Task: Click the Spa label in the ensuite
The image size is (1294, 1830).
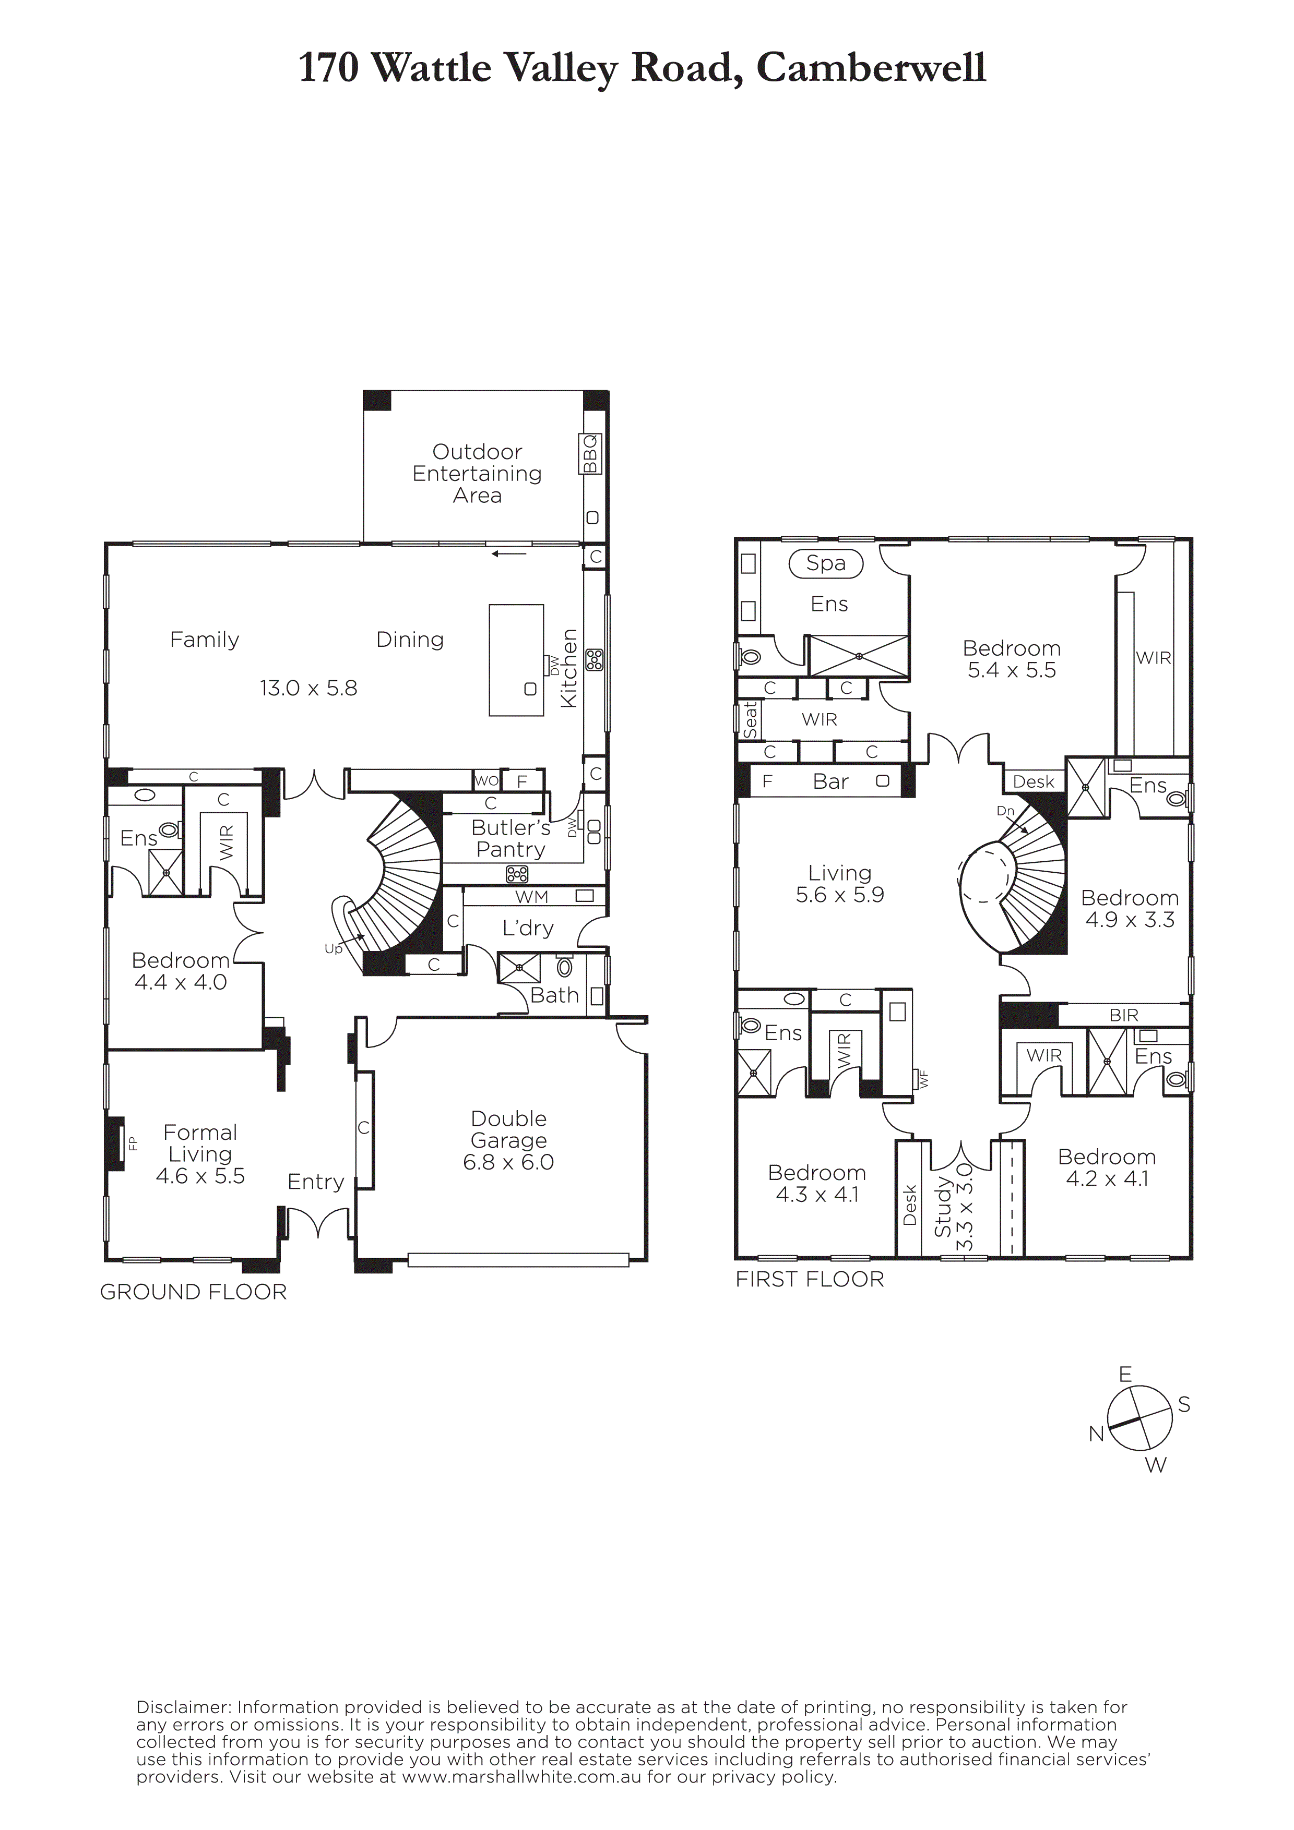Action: pos(825,563)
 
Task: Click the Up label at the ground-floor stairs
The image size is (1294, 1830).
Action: pos(333,949)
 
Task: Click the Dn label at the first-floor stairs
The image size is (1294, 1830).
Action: pos(1005,811)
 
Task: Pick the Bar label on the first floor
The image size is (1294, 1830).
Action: pos(831,782)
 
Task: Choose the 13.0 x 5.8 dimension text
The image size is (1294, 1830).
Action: pos(308,688)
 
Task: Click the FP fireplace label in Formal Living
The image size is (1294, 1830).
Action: pos(133,1143)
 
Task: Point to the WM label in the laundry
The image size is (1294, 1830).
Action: pos(532,897)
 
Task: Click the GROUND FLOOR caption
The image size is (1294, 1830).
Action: pos(193,1292)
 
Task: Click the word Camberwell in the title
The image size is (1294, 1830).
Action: pos(871,68)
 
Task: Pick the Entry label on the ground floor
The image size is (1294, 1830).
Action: pos(316,1183)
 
